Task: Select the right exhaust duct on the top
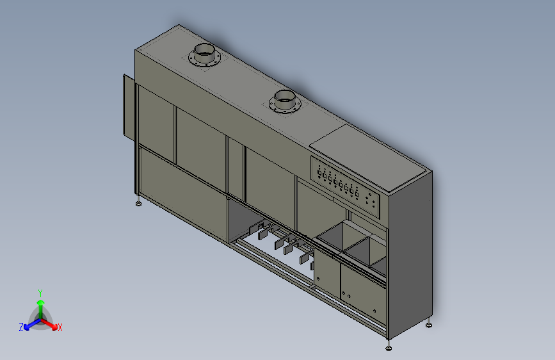(x=284, y=101)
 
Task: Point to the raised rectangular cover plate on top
(x=368, y=158)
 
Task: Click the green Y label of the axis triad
(x=40, y=293)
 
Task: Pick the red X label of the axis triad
(x=60, y=327)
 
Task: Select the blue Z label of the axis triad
(x=21, y=327)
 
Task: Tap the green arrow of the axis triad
(x=41, y=309)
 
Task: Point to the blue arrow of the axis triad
(x=33, y=324)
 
